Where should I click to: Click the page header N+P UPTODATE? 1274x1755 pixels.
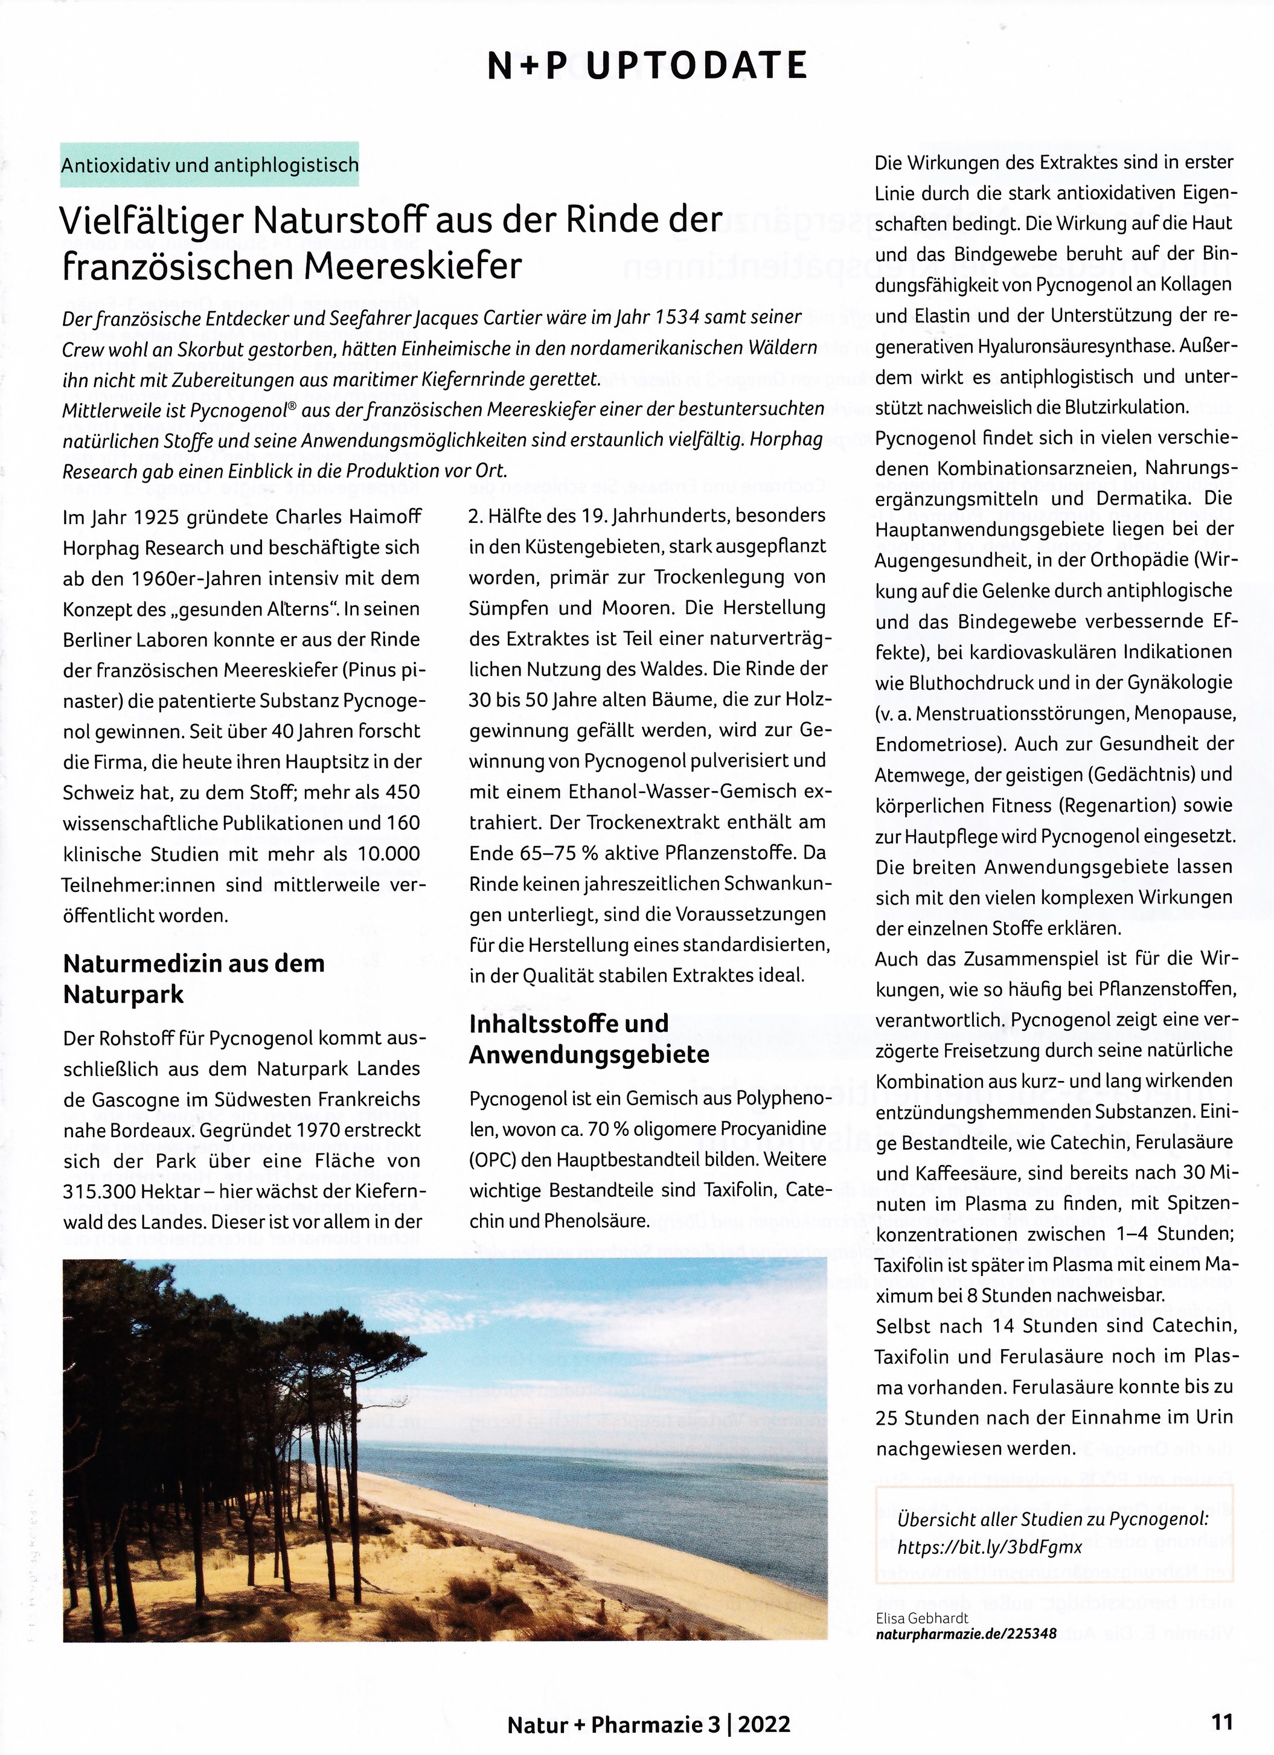click(647, 66)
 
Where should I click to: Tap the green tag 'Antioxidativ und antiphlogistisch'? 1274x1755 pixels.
click(210, 165)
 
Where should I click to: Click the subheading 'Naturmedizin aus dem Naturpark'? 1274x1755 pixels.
click(193, 979)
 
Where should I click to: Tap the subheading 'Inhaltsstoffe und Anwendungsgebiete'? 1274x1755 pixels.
click(589, 1039)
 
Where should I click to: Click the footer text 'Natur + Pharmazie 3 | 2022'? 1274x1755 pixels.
click(648, 1727)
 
